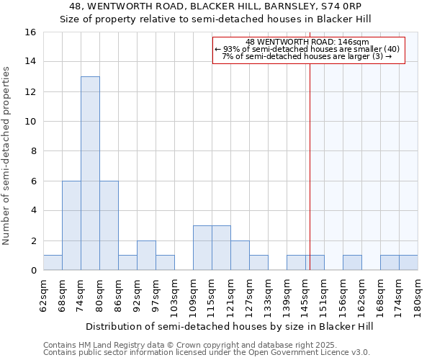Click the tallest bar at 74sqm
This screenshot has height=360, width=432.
(90, 173)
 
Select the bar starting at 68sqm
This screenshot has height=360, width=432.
(71, 225)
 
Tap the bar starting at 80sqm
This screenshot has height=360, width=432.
(109, 225)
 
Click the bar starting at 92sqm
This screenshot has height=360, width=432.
(146, 256)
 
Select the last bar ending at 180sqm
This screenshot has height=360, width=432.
(408, 263)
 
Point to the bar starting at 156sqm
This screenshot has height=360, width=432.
(352, 263)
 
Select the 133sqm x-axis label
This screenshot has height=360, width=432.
(269, 295)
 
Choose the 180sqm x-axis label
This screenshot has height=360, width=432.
(418, 295)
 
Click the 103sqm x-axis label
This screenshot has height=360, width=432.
(175, 295)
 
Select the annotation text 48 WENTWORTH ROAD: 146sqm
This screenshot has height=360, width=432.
(307, 42)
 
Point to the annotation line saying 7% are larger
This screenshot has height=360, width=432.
(307, 56)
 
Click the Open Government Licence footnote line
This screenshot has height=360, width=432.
(207, 353)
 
